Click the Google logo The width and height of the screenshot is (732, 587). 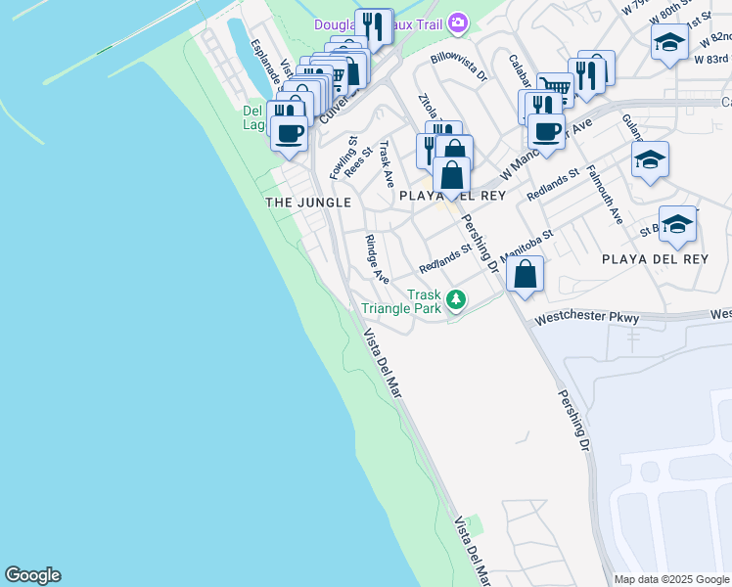pos(32,575)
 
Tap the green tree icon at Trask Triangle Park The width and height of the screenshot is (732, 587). pos(455,299)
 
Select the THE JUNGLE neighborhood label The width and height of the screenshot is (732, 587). pos(308,202)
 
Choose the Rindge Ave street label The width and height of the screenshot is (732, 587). pos(377,259)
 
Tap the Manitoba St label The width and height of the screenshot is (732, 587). pos(527,245)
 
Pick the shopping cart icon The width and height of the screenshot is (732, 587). pos(555,90)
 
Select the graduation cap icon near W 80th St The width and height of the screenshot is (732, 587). pos(669,42)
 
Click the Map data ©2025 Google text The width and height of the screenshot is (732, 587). pos(670,579)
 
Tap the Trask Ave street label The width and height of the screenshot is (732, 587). pos(387,164)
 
